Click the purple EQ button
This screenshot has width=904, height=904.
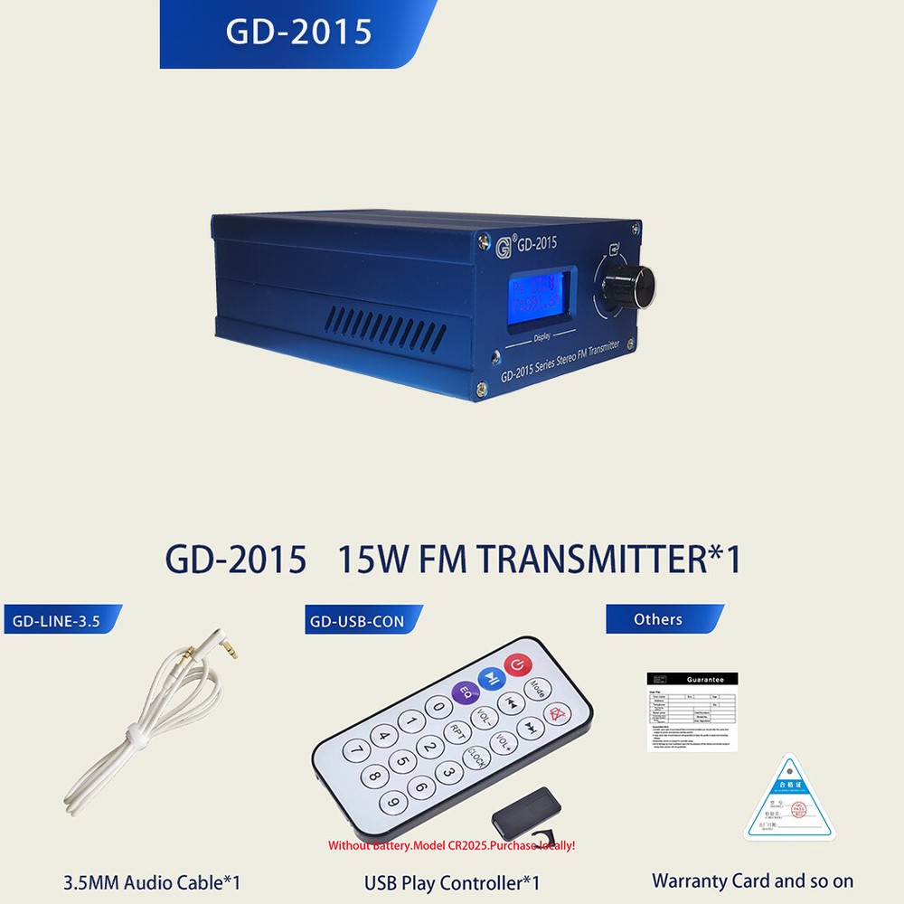[466, 692]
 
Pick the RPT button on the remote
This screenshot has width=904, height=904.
[458, 734]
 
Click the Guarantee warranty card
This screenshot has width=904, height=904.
[692, 711]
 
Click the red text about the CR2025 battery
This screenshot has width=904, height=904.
[451, 846]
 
